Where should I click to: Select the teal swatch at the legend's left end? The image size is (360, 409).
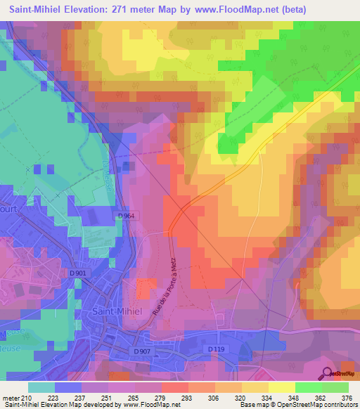click(x=41, y=387)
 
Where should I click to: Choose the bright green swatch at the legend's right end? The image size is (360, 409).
click(x=335, y=387)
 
